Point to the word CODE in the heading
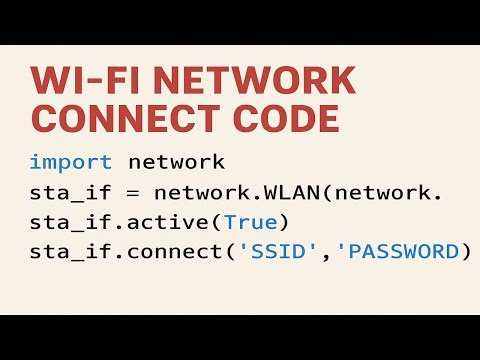(294, 118)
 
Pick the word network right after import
(175, 162)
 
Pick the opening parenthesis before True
(216, 220)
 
